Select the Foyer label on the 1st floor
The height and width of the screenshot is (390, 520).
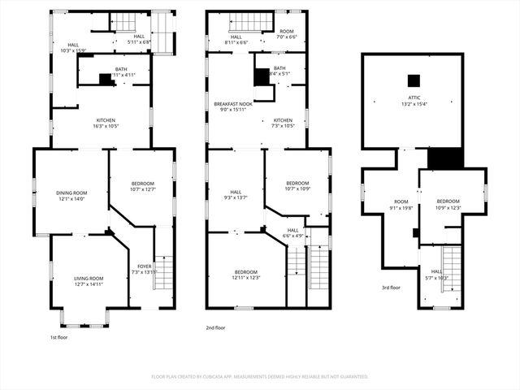point(144,266)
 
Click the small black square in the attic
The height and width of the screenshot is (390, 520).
point(414,80)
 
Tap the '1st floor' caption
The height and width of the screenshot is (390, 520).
point(59,336)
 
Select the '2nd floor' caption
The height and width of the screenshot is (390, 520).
point(215,327)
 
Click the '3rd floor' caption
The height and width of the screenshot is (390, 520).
point(391,287)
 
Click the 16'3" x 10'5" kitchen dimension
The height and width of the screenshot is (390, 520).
point(105,126)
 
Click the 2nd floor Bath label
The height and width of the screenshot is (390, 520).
point(279,68)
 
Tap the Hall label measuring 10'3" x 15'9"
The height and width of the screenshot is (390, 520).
point(73,45)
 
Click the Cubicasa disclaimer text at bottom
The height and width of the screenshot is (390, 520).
point(260,377)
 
